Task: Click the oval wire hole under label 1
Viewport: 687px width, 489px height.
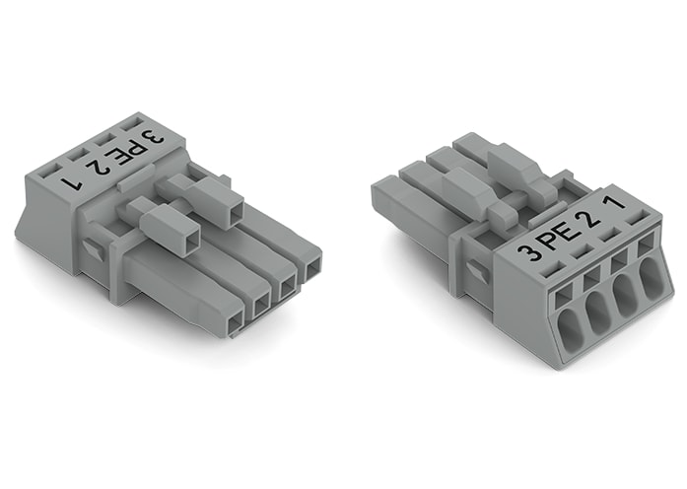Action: (x=653, y=276)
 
